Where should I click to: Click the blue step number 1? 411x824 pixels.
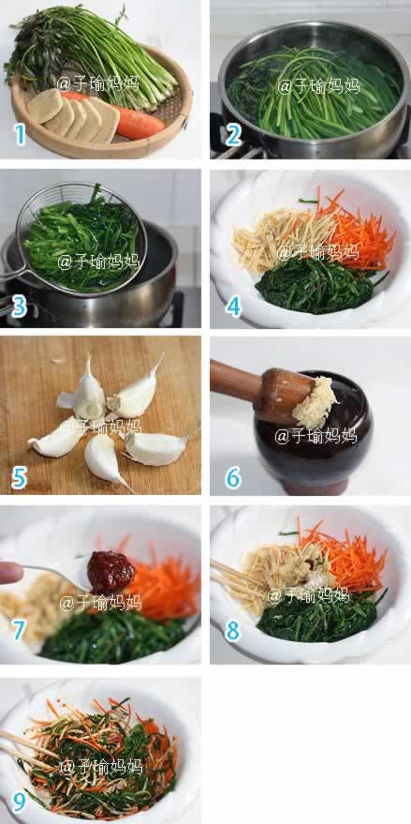(x=20, y=135)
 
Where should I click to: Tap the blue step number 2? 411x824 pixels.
(x=233, y=135)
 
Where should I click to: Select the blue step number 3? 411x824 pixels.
(x=19, y=307)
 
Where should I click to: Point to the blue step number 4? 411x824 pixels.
(x=234, y=306)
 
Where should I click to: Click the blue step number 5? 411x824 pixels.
(x=19, y=478)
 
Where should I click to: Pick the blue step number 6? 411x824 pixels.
(x=233, y=478)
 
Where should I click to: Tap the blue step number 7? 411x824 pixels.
(x=19, y=630)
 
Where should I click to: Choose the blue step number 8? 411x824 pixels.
(x=233, y=630)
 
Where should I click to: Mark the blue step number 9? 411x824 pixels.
(x=19, y=802)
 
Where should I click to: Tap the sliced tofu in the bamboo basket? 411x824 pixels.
(x=73, y=116)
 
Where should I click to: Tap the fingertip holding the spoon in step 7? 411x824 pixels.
(x=10, y=572)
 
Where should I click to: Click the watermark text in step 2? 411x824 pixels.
(x=318, y=84)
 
